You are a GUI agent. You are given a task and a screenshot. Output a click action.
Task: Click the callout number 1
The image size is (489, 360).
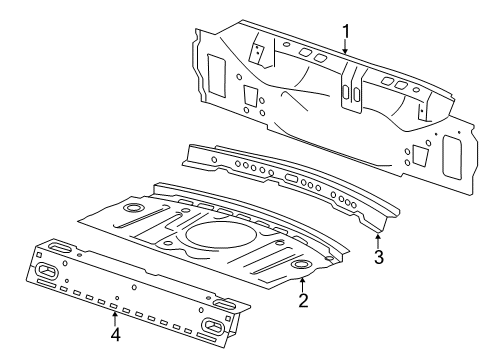(x=346, y=32)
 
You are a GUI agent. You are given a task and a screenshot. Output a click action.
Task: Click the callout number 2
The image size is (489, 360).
(x=303, y=299)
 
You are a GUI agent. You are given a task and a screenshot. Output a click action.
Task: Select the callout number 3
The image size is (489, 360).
(x=379, y=257)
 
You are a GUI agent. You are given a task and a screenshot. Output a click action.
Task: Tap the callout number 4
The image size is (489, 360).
(x=115, y=334)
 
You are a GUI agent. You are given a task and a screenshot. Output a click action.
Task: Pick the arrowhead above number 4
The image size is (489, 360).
(x=115, y=314)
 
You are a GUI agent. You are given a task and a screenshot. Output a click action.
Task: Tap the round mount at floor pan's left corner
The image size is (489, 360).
(x=130, y=209)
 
